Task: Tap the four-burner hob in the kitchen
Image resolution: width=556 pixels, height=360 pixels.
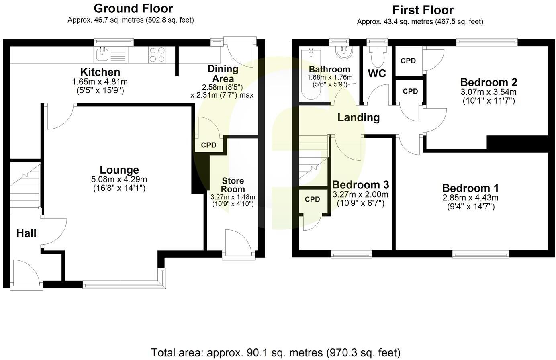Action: pyautogui.click(x=157, y=55)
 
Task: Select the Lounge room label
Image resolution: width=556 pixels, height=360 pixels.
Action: pyautogui.click(x=119, y=170)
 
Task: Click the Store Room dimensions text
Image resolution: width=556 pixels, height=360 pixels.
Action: pyautogui.click(x=233, y=200)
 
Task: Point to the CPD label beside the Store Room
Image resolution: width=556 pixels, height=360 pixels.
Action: pyautogui.click(x=208, y=145)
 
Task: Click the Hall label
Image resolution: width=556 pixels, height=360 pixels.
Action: pyautogui.click(x=27, y=233)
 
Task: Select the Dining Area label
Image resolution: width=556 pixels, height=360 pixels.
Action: pyautogui.click(x=223, y=73)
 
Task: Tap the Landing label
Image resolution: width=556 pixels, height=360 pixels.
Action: pyautogui.click(x=358, y=117)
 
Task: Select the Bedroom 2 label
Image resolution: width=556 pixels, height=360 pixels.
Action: pyautogui.click(x=489, y=82)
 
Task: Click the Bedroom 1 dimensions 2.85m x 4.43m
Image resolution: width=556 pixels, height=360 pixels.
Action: pyautogui.click(x=470, y=198)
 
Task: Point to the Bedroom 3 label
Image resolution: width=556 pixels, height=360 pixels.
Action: pyautogui.click(x=360, y=185)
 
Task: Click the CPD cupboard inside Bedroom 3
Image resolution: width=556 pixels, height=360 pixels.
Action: pyautogui.click(x=312, y=200)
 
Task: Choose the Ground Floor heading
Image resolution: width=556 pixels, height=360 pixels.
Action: pyautogui.click(x=133, y=8)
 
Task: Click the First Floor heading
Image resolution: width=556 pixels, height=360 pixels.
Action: pyautogui.click(x=423, y=10)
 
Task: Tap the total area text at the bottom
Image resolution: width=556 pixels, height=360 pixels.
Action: pyautogui.click(x=276, y=352)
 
